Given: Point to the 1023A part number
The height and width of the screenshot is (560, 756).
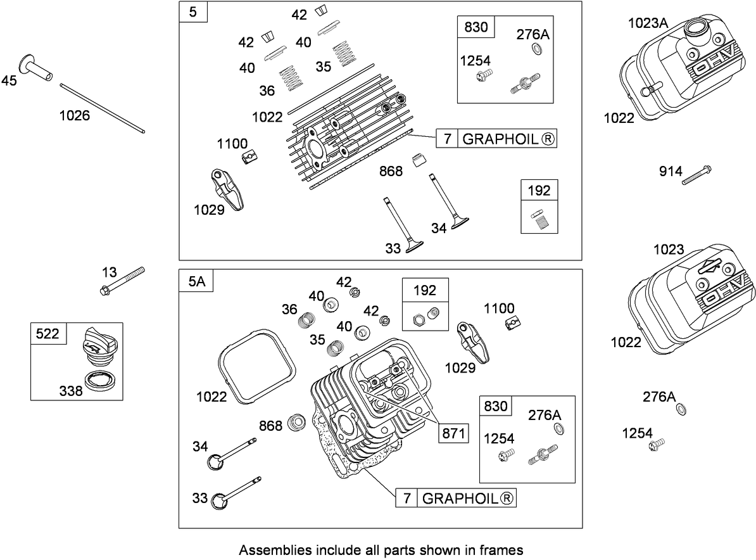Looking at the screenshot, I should coord(648,23).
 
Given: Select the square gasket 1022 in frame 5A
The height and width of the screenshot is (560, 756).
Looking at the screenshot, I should coord(256,366).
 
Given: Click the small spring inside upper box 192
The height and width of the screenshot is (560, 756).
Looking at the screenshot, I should coord(539,220).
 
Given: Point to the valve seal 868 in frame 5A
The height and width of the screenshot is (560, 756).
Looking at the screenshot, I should coord(296,423).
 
